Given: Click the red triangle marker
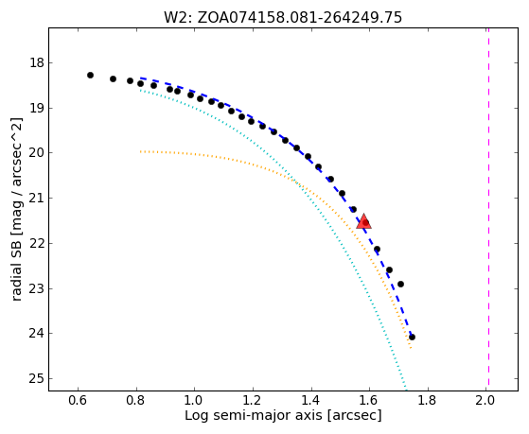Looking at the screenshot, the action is click(x=363, y=221).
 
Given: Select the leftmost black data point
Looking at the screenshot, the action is click(x=90, y=75).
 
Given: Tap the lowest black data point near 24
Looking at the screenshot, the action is click(x=412, y=337).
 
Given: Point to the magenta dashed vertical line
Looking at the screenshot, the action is click(x=488, y=209).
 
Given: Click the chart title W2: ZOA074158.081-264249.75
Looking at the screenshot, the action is click(x=283, y=17).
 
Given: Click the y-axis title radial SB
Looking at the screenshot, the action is click(x=17, y=209).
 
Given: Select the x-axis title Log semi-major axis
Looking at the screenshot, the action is click(x=283, y=415).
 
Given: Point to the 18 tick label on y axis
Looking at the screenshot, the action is click(x=36, y=63).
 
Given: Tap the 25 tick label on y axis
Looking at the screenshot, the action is click(x=36, y=379).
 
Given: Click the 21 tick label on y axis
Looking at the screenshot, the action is click(x=36, y=199).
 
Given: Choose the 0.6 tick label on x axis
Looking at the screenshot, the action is click(x=78, y=400).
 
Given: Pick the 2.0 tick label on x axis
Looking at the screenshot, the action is click(x=485, y=400).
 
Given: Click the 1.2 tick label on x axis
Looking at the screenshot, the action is click(x=253, y=400).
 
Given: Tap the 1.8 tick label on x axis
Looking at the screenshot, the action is click(x=428, y=400).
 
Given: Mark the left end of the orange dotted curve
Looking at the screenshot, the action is click(x=141, y=151).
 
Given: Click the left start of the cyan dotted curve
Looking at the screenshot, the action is click(x=140, y=90).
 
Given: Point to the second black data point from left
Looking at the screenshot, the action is click(x=113, y=78).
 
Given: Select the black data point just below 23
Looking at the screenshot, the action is click(x=400, y=284).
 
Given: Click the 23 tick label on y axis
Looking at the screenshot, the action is click(x=36, y=289).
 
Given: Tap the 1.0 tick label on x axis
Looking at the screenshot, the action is click(x=195, y=400).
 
